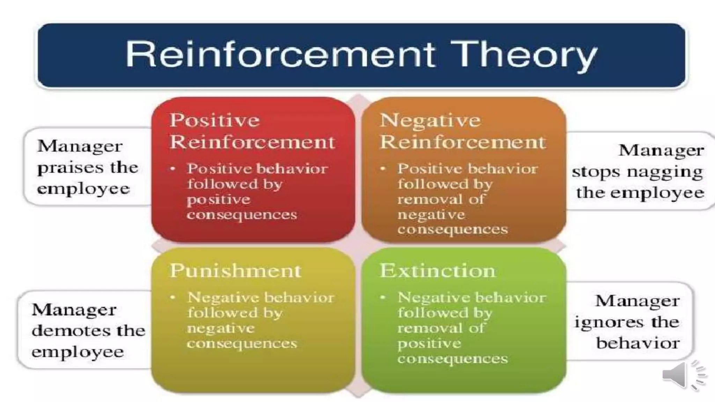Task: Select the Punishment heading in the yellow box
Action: (235, 271)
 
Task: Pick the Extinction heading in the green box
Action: (438, 271)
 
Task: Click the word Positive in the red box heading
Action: (214, 120)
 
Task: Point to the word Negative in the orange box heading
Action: (430, 120)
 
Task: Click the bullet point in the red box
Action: (172, 169)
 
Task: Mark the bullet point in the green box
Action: (383, 298)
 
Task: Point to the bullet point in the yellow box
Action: (172, 298)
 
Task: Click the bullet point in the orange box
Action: (383, 169)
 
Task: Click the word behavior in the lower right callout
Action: (637, 343)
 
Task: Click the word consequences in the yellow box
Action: (242, 344)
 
